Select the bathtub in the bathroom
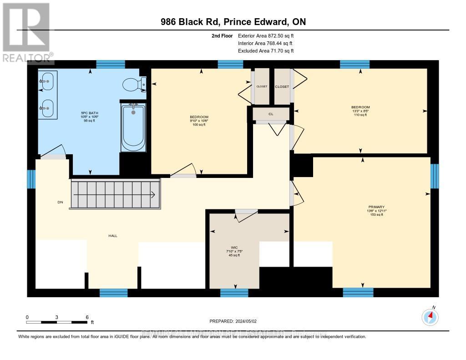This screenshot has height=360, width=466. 133,127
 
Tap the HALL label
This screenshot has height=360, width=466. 113,236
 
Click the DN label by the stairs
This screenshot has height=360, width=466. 60,203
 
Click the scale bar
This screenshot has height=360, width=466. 57,322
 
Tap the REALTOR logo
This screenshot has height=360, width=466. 26,32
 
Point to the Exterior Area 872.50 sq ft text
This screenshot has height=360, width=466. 266,35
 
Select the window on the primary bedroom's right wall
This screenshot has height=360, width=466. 435,176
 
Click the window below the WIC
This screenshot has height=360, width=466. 234,293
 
